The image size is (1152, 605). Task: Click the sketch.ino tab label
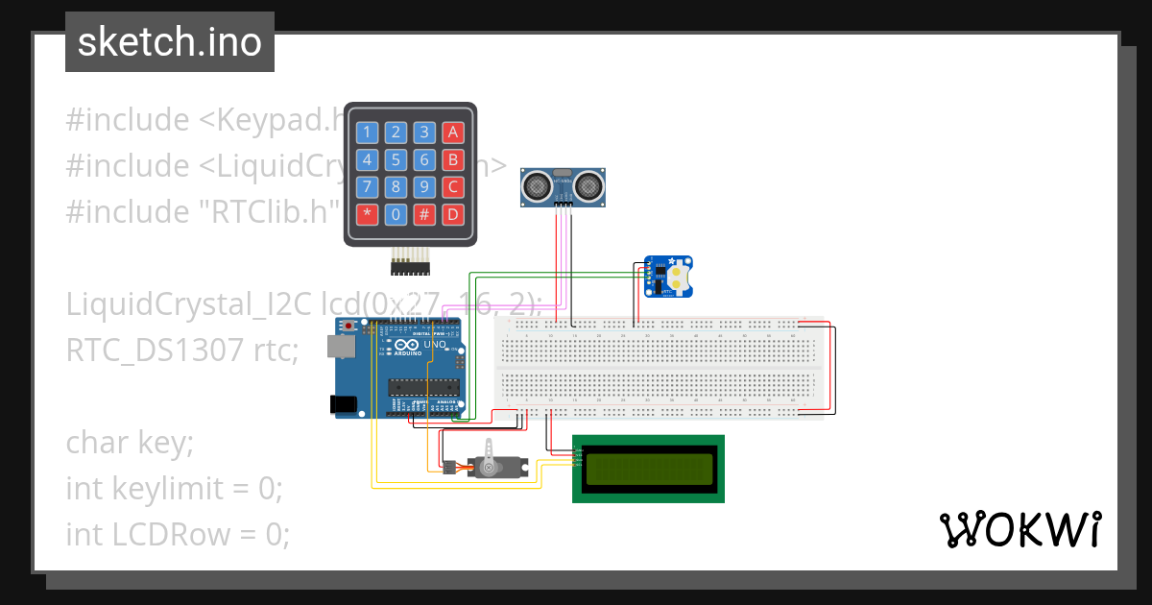pyautogui.click(x=169, y=42)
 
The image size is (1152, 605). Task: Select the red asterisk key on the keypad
pyautogui.click(x=366, y=214)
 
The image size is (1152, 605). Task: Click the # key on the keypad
pyautogui.click(x=424, y=214)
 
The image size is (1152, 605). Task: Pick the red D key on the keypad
pyautogui.click(x=453, y=214)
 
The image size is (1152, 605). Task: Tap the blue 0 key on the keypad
pyautogui.click(x=395, y=214)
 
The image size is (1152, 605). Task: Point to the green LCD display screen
pyautogui.click(x=649, y=468)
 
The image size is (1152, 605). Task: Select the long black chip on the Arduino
pyautogui.click(x=420, y=387)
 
